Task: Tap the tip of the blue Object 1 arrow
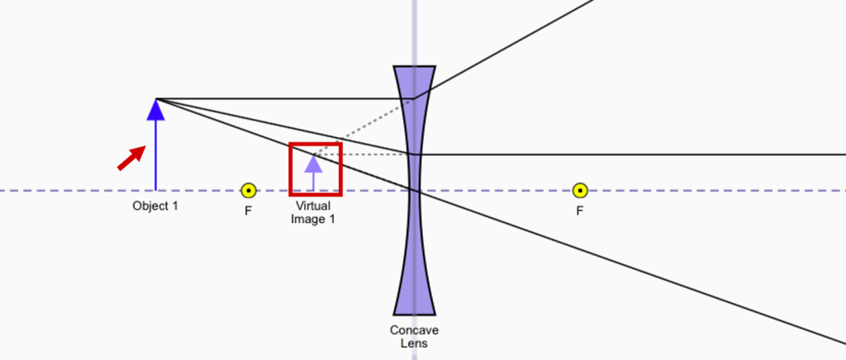point(155,102)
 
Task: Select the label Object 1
point(155,206)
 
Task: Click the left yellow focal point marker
point(248,191)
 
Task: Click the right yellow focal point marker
point(580,191)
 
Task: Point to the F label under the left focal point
point(248,211)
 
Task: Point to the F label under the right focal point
point(580,211)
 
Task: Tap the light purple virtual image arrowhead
point(313,163)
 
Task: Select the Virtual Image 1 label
point(313,213)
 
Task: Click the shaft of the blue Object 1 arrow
point(155,157)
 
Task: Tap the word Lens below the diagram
point(414,343)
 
